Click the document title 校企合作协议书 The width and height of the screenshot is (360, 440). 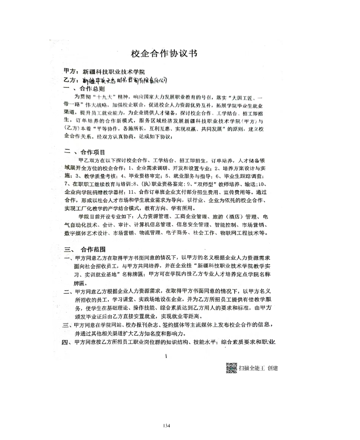pos(164,54)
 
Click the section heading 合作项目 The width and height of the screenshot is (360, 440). pos(90,152)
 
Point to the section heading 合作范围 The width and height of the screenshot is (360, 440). pos(90,250)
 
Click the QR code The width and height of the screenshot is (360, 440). pos(231,368)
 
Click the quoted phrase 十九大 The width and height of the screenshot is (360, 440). pos(100,97)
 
